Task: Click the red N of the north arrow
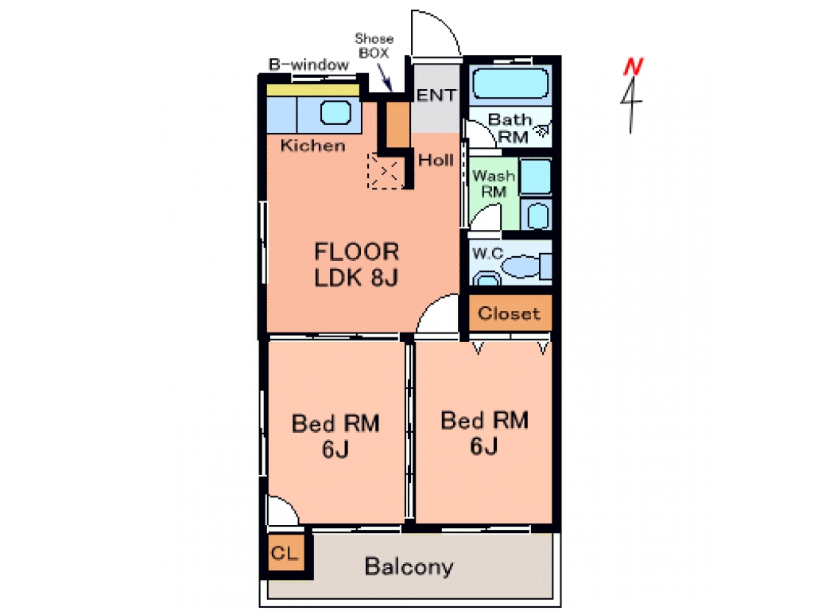point(634,67)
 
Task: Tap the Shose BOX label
point(374,45)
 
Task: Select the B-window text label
point(309,65)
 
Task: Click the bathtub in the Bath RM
point(510,84)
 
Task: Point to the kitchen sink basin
point(335,112)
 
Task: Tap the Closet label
point(510,313)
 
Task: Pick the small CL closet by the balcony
point(286,552)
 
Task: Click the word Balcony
point(409,566)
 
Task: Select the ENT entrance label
point(436,95)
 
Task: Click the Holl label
point(436,160)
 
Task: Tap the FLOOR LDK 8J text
point(357,264)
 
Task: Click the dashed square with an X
point(385,171)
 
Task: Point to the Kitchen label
point(313,146)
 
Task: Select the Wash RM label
point(494,184)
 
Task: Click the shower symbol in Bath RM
point(542,130)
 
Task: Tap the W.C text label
point(488,254)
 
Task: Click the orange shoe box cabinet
point(398,125)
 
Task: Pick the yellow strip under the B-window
point(313,90)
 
